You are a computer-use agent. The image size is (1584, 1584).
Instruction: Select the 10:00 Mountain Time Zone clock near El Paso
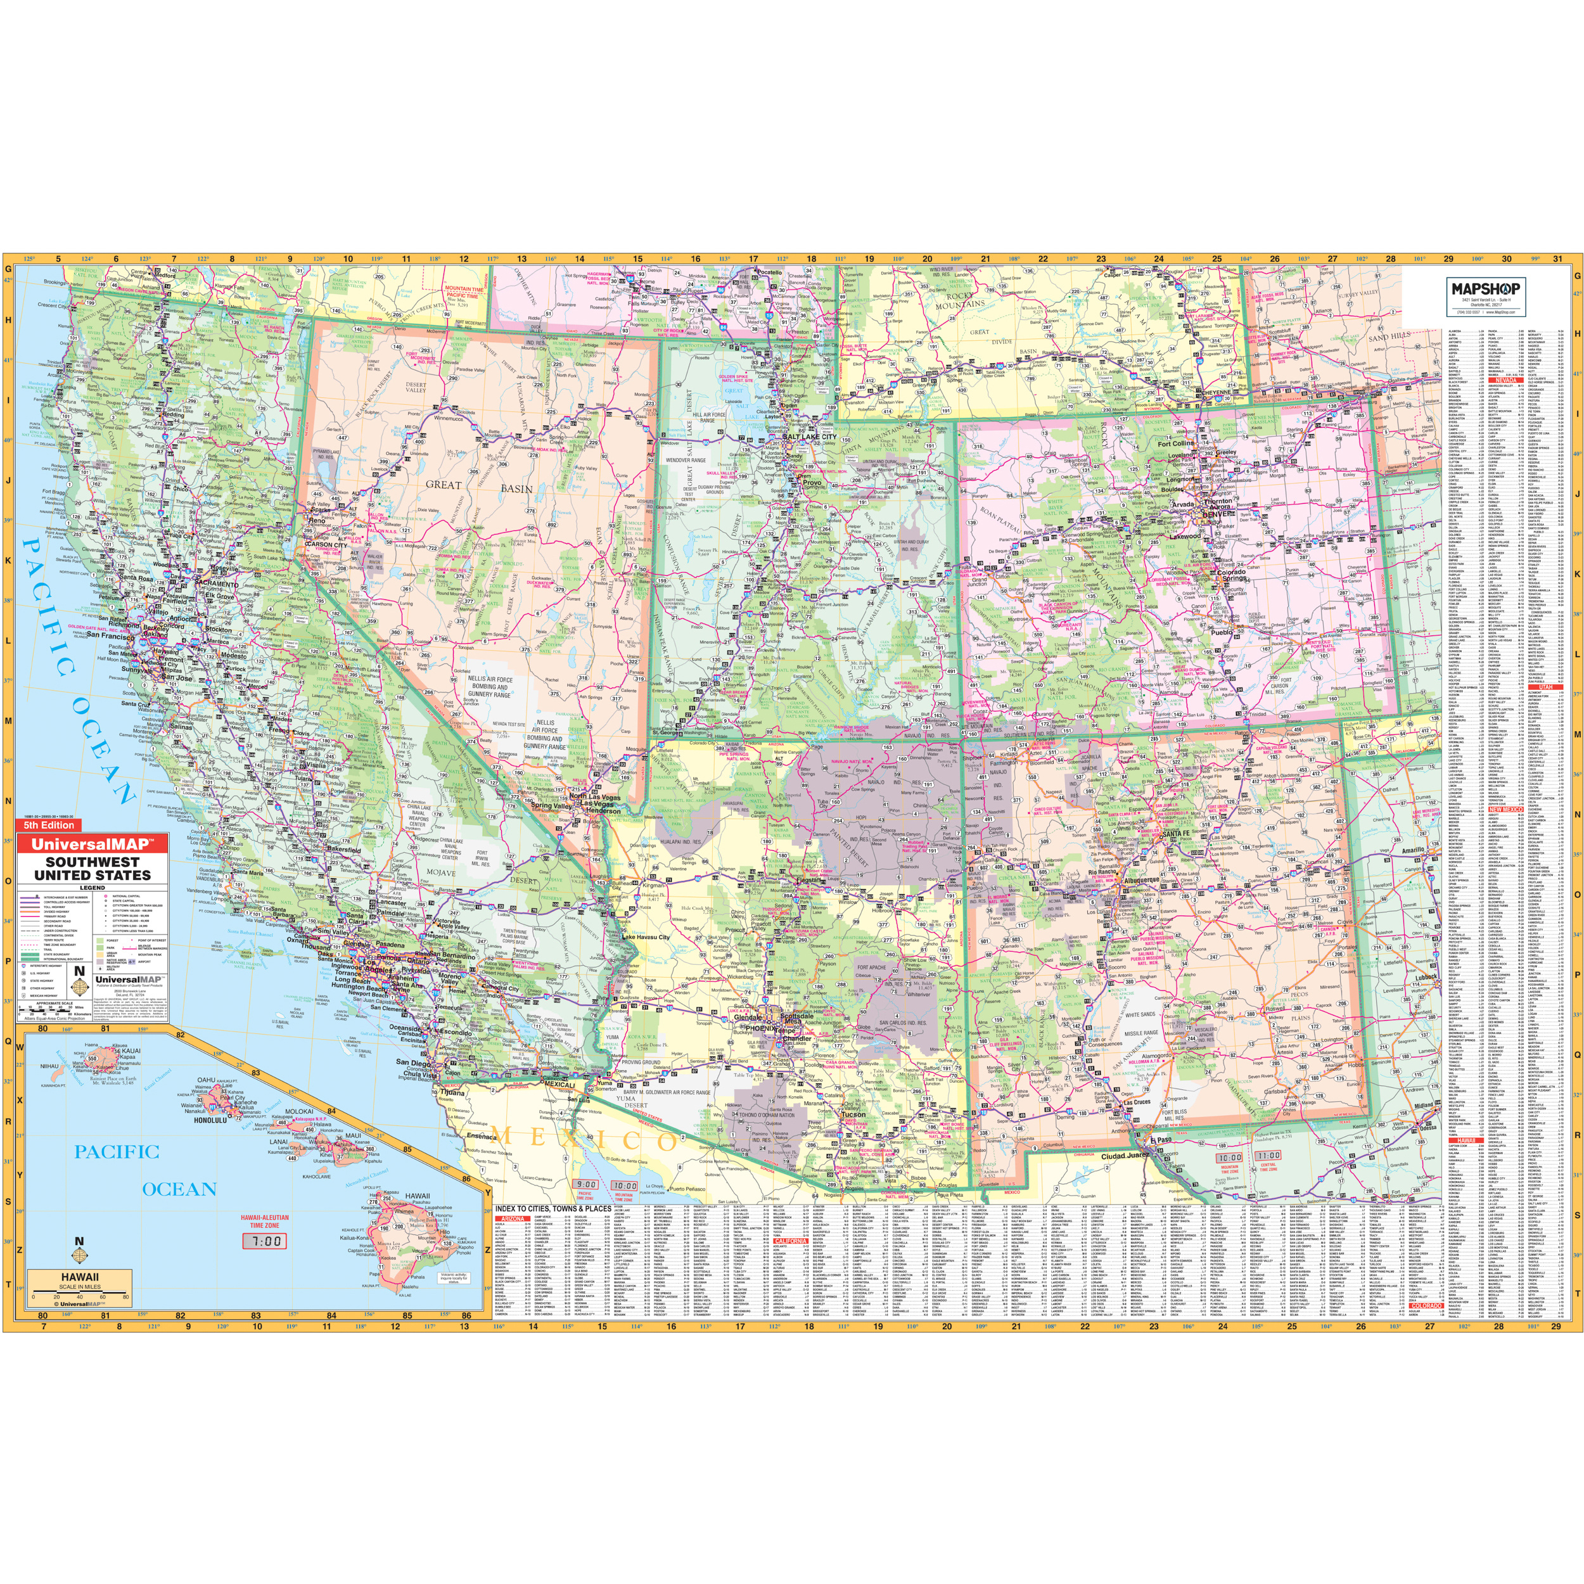(x=1229, y=1158)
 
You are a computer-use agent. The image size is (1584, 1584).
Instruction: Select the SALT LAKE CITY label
(x=808, y=437)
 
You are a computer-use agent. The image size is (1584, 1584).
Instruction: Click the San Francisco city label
(x=111, y=636)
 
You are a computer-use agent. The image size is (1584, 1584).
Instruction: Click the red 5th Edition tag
(x=48, y=826)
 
